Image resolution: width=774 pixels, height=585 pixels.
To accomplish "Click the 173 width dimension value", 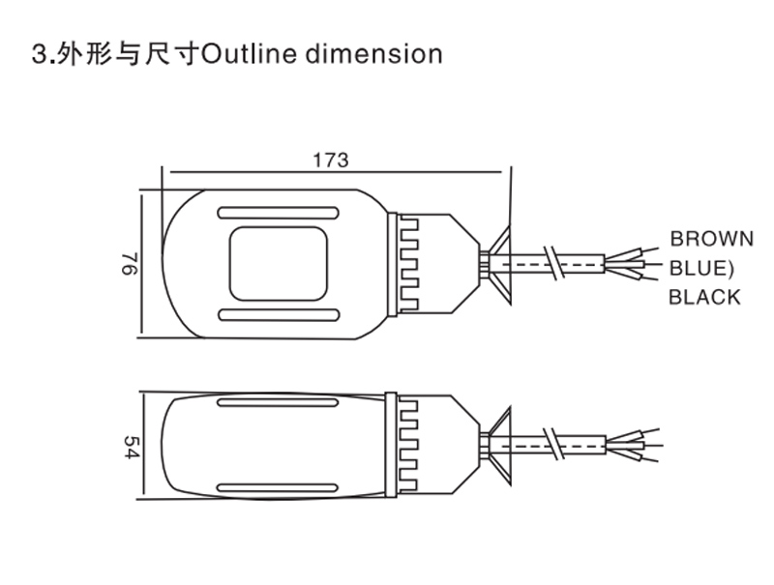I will (x=330, y=161).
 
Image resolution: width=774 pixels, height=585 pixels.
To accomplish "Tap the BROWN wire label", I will (x=712, y=239).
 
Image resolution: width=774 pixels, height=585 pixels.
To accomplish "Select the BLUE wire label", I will (x=703, y=268).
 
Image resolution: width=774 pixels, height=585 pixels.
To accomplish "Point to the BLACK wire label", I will (x=704, y=297).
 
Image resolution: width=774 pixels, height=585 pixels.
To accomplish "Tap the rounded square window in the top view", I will (x=278, y=263).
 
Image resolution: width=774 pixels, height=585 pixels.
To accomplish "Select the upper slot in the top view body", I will (x=278, y=213).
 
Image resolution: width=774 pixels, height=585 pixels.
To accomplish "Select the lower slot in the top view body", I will (x=278, y=314).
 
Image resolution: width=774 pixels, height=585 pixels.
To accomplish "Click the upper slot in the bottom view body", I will (x=278, y=403).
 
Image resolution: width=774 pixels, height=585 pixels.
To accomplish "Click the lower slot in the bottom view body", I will (x=278, y=487).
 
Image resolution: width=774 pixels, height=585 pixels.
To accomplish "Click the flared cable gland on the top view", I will (x=499, y=262).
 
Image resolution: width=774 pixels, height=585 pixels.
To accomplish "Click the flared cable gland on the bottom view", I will (x=499, y=445).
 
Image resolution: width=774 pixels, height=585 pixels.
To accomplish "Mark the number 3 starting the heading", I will (x=40, y=53).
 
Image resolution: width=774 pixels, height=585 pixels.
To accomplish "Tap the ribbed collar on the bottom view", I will (x=406, y=445).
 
